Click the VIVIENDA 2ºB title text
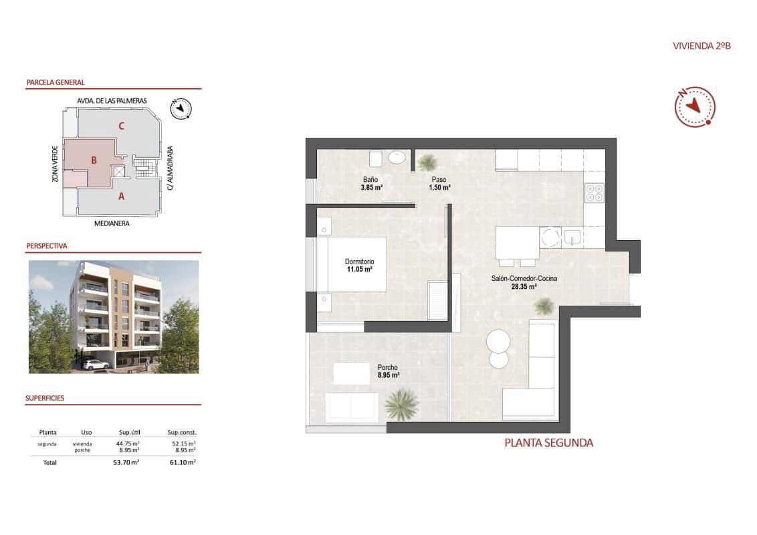pos(701,46)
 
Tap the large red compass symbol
pos(695,106)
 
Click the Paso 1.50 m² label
pos(439,183)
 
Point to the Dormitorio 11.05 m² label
pos(359,265)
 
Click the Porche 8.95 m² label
pos(388,371)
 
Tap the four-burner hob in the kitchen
pos(594,193)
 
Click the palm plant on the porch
pos(402,404)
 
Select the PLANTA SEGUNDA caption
pos(548,443)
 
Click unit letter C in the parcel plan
pos(121,125)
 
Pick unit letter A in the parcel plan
pos(121,197)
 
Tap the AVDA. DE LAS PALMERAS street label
pos(112,100)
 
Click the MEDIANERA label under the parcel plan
pos(112,223)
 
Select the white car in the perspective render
pos(98,364)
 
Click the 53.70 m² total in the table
pos(126,462)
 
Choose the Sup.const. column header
pos(182,432)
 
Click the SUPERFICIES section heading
pos(45,398)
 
